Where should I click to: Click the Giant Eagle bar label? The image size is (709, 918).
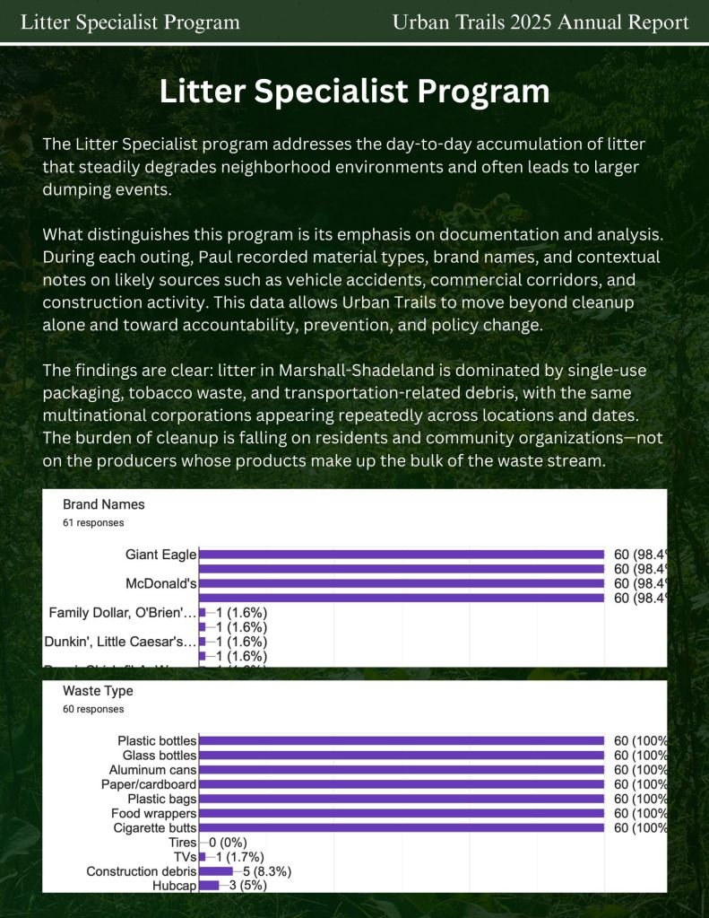coord(160,555)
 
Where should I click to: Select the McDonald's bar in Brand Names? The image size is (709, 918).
coord(402,583)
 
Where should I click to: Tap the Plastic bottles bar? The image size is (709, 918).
coord(402,741)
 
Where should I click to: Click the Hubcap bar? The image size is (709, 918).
coord(209,886)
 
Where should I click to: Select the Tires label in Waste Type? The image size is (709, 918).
coord(182,843)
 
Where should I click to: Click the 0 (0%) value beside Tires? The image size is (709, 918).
coord(228,843)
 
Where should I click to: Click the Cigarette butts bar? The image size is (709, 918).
coord(402,827)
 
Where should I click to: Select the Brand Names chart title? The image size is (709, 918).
coord(103,504)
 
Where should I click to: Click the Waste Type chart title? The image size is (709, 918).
coord(98,692)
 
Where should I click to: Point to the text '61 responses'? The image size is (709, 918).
coord(93,522)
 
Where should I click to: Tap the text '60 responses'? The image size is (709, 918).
coord(93,709)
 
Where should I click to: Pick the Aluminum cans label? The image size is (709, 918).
coord(152,770)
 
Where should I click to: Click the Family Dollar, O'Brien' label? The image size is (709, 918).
coord(122,613)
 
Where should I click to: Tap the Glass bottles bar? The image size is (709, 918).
coord(402,756)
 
